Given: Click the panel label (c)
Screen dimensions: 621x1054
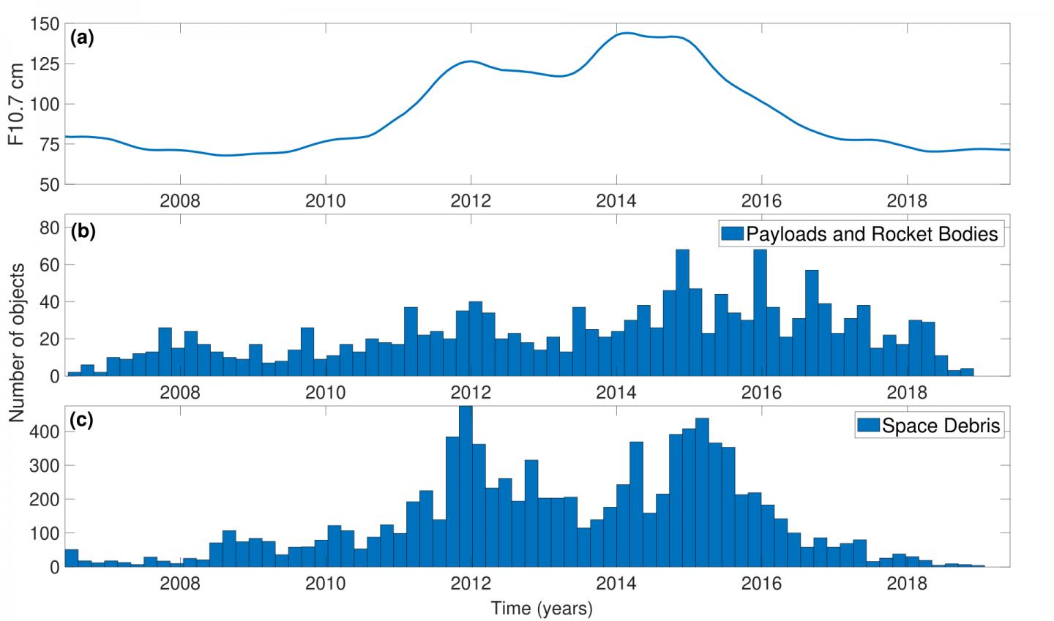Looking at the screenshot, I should pyautogui.click(x=82, y=422).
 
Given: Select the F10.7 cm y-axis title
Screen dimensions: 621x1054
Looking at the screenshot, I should pyautogui.click(x=16, y=104).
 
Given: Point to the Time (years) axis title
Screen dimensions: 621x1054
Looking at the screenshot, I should pyautogui.click(x=541, y=608).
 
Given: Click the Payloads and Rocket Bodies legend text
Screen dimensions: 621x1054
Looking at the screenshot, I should pyautogui.click(x=871, y=234).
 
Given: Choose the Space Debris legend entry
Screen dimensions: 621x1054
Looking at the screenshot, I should pyautogui.click(x=941, y=426).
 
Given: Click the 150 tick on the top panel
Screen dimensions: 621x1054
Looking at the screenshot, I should pyautogui.click(x=45, y=24).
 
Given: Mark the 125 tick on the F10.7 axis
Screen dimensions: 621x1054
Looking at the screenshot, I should pyautogui.click(x=45, y=64).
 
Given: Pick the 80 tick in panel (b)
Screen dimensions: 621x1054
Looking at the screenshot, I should pyautogui.click(x=49, y=228).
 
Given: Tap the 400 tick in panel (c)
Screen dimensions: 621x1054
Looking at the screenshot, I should pyautogui.click(x=45, y=432).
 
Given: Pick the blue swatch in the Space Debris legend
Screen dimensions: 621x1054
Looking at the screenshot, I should pyautogui.click(x=868, y=426).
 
